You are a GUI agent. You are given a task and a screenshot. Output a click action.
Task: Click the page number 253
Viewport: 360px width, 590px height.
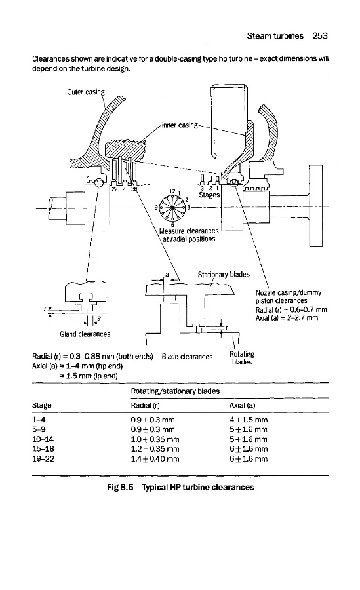pos(320,36)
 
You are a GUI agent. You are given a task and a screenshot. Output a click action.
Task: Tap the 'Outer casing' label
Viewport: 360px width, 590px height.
pos(86,92)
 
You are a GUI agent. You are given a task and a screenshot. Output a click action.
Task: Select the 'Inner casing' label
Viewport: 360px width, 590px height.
pos(180,125)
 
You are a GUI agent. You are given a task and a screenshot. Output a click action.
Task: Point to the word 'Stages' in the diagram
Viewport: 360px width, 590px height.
pos(209,195)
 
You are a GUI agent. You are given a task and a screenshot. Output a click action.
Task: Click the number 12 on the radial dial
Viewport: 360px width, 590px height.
pos(172,191)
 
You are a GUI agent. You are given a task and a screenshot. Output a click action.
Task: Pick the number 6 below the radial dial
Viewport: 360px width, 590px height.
pos(172,225)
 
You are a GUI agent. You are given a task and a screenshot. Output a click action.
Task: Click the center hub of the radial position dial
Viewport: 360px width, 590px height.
pos(172,207)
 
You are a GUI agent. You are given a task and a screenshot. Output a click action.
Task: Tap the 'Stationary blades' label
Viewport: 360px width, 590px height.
pos(224,274)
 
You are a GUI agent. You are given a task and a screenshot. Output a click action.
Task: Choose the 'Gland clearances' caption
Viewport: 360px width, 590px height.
pos(85,334)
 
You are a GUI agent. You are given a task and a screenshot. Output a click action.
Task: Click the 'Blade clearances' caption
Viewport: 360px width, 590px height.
pos(187,357)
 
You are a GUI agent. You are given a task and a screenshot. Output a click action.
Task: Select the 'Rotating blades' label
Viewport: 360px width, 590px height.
pos(242,358)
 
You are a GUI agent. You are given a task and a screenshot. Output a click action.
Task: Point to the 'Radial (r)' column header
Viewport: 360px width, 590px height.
pos(146,405)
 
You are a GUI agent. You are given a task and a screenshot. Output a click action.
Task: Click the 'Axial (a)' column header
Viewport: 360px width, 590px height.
pos(242,405)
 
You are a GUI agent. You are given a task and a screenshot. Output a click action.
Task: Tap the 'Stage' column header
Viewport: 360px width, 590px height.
pos(42,405)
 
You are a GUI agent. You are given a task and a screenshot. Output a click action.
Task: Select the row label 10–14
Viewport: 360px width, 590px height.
pos(43,439)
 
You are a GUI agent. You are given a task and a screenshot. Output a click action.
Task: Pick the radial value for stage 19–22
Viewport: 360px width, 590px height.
pos(155,459)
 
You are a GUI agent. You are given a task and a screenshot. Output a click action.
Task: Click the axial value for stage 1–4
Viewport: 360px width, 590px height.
pos(249,420)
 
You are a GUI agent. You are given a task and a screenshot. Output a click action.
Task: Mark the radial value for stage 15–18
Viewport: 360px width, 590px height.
pos(155,449)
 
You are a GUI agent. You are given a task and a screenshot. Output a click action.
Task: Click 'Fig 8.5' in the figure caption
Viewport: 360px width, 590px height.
pos(120,487)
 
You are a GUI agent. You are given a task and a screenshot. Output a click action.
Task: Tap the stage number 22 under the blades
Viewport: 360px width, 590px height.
pos(115,189)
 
